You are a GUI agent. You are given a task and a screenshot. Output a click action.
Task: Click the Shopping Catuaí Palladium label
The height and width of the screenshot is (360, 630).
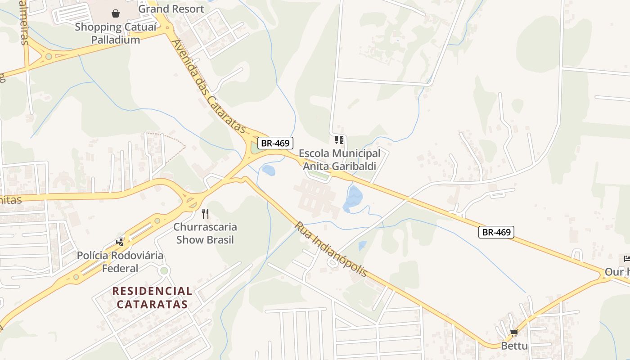[116, 33]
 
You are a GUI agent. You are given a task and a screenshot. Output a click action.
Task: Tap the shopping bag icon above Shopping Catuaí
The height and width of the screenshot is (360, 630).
[116, 13]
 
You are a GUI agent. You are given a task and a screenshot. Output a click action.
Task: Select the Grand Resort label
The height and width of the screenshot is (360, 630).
[171, 9]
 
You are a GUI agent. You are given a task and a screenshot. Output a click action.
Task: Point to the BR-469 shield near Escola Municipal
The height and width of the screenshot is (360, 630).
[275, 143]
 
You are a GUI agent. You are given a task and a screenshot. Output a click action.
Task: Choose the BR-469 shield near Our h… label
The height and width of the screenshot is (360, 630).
[496, 232]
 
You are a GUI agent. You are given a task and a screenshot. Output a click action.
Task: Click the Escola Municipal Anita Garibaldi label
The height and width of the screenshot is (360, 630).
[339, 160]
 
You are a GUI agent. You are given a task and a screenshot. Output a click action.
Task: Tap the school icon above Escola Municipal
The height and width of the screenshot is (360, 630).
[339, 140]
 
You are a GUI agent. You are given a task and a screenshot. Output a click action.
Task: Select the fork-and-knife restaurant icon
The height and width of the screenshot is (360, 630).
[205, 213]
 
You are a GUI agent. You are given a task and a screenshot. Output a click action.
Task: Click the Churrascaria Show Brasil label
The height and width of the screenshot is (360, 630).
[205, 233]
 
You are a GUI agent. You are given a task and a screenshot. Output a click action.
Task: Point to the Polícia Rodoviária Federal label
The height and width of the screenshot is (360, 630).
[120, 262]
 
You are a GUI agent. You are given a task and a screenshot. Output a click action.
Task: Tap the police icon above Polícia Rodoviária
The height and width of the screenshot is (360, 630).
[120, 242]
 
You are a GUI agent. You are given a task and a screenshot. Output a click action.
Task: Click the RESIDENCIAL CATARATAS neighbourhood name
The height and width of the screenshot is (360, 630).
[152, 297]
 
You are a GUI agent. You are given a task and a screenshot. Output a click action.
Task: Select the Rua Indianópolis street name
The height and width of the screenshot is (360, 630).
[331, 249]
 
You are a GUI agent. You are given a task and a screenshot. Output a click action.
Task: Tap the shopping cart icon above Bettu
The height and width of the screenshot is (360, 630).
[514, 333]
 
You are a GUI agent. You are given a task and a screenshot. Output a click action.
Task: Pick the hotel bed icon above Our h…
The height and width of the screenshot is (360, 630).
[627, 258]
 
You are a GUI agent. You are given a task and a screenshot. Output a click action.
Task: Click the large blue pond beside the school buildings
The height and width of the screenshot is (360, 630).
[353, 198]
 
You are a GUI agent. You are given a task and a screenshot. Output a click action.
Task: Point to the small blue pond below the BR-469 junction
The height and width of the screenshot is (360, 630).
[269, 170]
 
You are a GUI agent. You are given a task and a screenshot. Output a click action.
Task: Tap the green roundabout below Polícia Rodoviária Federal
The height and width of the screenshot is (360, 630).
[164, 270]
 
